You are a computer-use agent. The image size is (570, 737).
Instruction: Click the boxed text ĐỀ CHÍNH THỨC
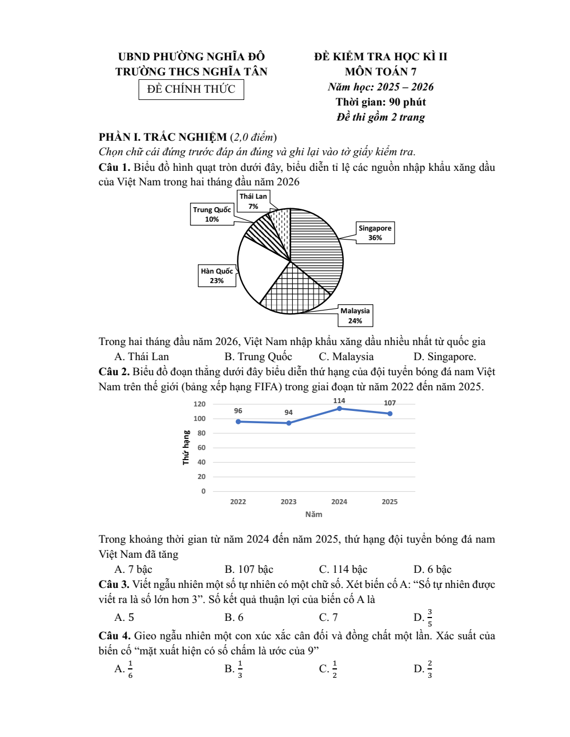pos(191,89)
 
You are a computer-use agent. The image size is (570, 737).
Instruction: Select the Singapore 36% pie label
pos(375,233)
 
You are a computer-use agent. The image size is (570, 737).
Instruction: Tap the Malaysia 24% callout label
pos(355,315)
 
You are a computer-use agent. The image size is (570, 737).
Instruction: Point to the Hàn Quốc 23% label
pos(217,276)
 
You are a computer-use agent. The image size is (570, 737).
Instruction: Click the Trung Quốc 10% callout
pos(212,214)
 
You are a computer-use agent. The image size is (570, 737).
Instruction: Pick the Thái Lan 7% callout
pos(253,201)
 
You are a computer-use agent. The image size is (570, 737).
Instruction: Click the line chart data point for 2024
pos(339,409)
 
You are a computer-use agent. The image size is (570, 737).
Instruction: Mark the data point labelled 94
pos(288,423)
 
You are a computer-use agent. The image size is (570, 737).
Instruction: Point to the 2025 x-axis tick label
pos(389,502)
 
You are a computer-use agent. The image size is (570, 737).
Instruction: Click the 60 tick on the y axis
pos(201,448)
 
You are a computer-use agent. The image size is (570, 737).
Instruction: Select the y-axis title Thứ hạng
pos(186,448)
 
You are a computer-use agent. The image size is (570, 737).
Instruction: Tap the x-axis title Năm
pos(313,514)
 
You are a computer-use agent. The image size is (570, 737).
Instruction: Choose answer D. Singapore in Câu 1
pos(445,357)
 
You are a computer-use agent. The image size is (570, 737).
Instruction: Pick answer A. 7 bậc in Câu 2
pos(134,569)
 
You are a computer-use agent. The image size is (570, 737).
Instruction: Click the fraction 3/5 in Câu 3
pos(430,618)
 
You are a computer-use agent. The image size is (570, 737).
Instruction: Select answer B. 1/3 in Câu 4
pos(234,668)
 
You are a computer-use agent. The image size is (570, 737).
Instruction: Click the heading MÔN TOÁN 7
pos(381,71)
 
